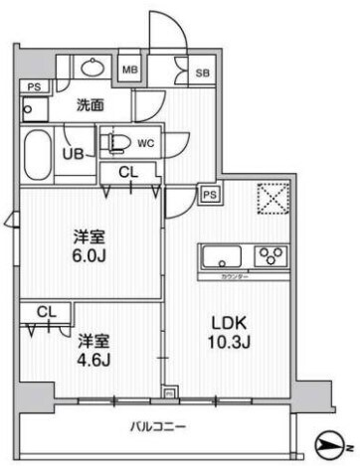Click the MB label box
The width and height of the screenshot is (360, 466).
click(x=129, y=70)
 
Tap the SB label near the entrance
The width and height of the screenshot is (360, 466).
click(x=202, y=73)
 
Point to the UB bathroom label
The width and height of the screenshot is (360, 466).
click(x=73, y=154)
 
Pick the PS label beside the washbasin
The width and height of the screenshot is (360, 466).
click(x=35, y=86)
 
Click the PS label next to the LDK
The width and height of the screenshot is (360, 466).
click(x=210, y=195)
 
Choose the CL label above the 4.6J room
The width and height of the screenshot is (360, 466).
click(x=44, y=312)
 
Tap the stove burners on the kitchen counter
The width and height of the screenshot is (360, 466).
click(x=270, y=256)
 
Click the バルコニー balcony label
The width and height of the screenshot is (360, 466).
click(x=158, y=428)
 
